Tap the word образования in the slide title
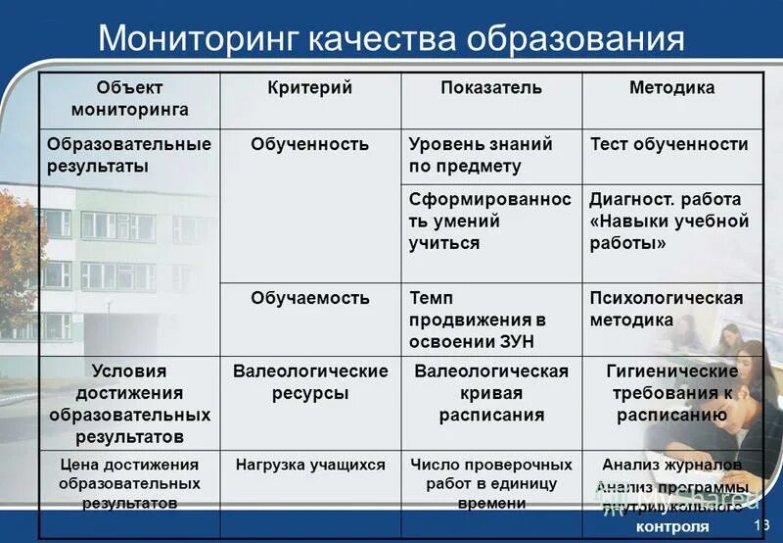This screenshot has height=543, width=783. [575, 39]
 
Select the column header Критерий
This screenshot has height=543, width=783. [309, 88]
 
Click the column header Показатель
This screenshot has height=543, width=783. [491, 88]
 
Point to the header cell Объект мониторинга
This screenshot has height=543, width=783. [129, 99]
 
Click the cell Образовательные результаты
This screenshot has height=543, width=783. [129, 155]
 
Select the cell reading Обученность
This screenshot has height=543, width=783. [309, 144]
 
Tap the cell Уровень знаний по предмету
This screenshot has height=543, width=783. [480, 155]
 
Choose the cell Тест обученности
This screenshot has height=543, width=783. [669, 144]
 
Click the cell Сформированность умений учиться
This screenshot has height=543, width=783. [489, 221]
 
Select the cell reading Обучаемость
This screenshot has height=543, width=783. [309, 297]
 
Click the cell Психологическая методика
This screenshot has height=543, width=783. [666, 309]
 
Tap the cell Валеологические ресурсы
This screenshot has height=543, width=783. [309, 382]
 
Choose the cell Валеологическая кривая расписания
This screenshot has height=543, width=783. [491, 393]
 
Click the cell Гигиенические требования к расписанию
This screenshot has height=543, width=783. [671, 393]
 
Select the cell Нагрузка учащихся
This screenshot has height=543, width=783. [309, 465]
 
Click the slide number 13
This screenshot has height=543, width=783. [762, 527]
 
